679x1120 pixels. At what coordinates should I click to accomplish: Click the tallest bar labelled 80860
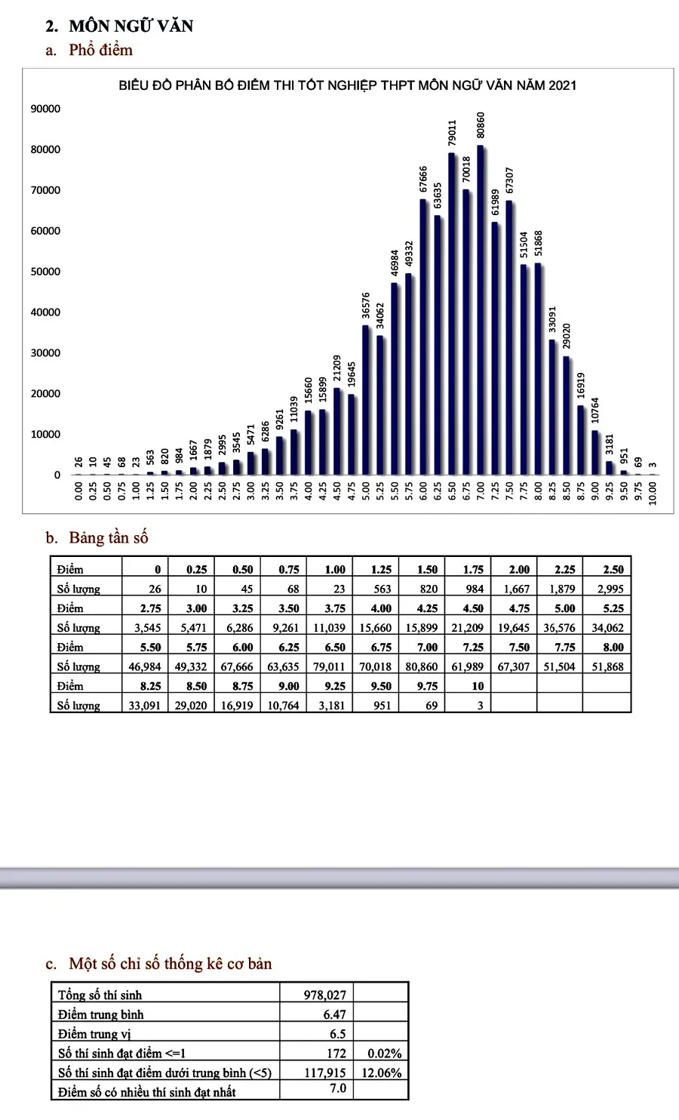pyautogui.click(x=480, y=310)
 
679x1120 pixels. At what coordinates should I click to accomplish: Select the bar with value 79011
pyautogui.click(x=451, y=313)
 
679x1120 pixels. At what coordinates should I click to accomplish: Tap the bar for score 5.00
pyautogui.click(x=365, y=400)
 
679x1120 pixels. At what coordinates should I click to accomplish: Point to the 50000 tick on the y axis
pyautogui.click(x=45, y=272)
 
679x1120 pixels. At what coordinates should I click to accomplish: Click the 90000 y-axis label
pyautogui.click(x=45, y=109)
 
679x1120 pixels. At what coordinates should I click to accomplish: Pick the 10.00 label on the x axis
pyautogui.click(x=653, y=494)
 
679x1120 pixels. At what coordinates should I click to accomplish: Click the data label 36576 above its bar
pyautogui.click(x=365, y=306)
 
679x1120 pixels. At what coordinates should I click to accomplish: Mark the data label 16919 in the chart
pyautogui.click(x=580, y=386)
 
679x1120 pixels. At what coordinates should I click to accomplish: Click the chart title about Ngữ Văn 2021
pyautogui.click(x=348, y=85)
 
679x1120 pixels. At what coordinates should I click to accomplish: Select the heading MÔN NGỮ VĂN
pyautogui.click(x=131, y=26)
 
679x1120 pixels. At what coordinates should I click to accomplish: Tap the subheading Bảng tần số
pyautogui.click(x=109, y=537)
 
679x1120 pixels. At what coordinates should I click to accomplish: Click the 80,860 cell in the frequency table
pyautogui.click(x=422, y=666)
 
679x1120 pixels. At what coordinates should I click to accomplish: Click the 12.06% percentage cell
pyautogui.click(x=382, y=1072)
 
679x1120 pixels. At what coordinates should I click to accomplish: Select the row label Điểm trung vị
pyautogui.click(x=94, y=1033)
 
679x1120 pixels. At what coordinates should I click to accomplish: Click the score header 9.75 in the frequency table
pyautogui.click(x=428, y=686)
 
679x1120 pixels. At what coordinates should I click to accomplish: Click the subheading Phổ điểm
pyautogui.click(x=100, y=50)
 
